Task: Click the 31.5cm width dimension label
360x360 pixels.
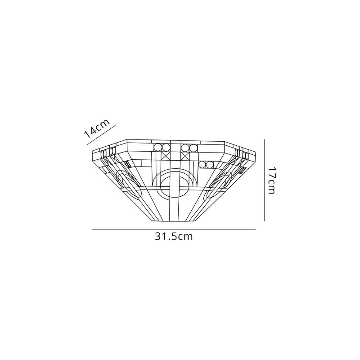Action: click(x=174, y=237)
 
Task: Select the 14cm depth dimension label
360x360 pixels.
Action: click(x=96, y=129)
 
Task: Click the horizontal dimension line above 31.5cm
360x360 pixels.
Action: click(x=174, y=229)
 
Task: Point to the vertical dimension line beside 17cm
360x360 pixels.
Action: click(x=264, y=180)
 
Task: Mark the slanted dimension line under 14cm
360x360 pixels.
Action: click(x=101, y=135)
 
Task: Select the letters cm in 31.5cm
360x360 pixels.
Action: click(x=185, y=237)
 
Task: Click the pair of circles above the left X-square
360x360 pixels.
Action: click(x=162, y=147)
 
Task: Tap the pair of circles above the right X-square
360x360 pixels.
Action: click(x=189, y=147)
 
